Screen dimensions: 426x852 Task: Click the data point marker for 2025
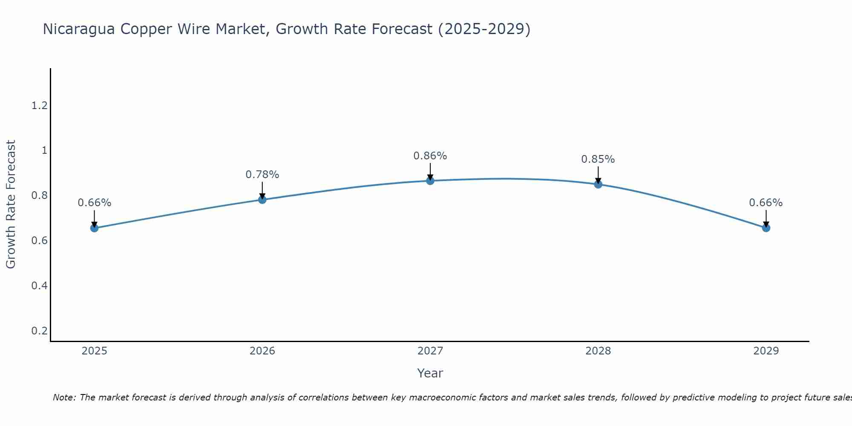tap(94, 228)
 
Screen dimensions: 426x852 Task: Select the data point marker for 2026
tap(262, 199)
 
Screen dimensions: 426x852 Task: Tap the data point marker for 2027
tap(430, 181)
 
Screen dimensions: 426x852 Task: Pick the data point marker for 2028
tap(598, 184)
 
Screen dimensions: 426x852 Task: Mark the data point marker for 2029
tap(766, 228)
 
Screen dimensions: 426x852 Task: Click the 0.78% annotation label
tap(262, 175)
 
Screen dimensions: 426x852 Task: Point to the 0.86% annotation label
tap(430, 156)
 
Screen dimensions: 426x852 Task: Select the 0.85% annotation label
tap(598, 159)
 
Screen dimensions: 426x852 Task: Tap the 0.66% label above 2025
tap(94, 203)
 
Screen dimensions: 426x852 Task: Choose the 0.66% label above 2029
tap(766, 203)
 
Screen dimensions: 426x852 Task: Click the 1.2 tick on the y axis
tap(39, 106)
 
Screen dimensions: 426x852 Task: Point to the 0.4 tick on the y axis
tap(39, 285)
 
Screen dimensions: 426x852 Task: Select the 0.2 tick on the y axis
tap(39, 331)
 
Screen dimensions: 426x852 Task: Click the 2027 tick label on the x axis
tap(430, 351)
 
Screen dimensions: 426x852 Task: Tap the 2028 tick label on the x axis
tap(598, 351)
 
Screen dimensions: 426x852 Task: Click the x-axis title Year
tap(430, 373)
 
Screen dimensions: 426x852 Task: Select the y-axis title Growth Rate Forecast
tap(11, 204)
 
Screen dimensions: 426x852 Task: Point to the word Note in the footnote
tap(64, 397)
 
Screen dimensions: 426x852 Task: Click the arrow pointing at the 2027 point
tap(430, 171)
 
